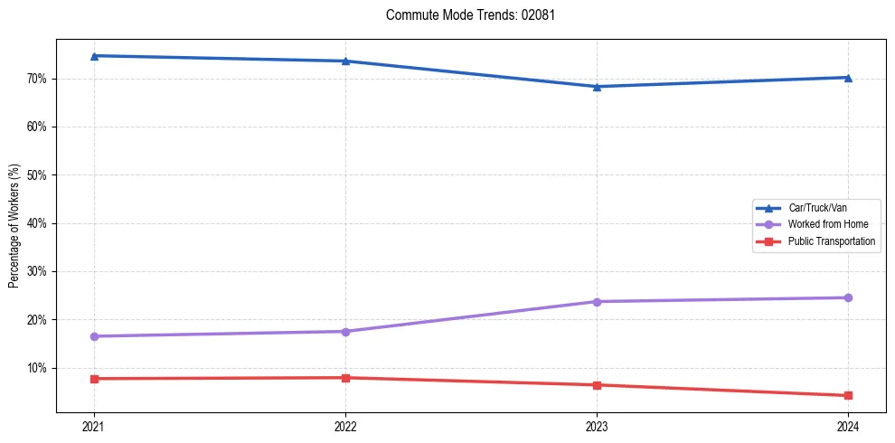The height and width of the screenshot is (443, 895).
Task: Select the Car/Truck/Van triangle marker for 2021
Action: tap(94, 56)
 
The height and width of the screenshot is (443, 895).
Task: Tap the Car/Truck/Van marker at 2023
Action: tap(597, 87)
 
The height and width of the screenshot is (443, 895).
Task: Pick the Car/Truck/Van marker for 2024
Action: tap(848, 78)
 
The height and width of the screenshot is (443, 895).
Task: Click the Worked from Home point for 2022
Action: tap(345, 332)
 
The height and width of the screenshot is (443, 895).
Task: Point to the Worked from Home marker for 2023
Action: tap(597, 302)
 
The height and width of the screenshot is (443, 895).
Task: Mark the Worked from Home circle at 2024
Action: tap(848, 297)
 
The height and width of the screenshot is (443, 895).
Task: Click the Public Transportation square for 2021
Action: tap(94, 379)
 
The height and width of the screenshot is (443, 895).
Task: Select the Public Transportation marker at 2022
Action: tap(345, 378)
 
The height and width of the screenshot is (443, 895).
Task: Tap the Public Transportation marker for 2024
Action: tap(848, 395)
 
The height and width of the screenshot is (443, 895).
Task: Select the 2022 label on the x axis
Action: tap(345, 426)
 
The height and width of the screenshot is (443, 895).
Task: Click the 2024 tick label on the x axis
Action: tap(848, 426)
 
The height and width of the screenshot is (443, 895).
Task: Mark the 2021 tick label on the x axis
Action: tap(94, 426)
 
